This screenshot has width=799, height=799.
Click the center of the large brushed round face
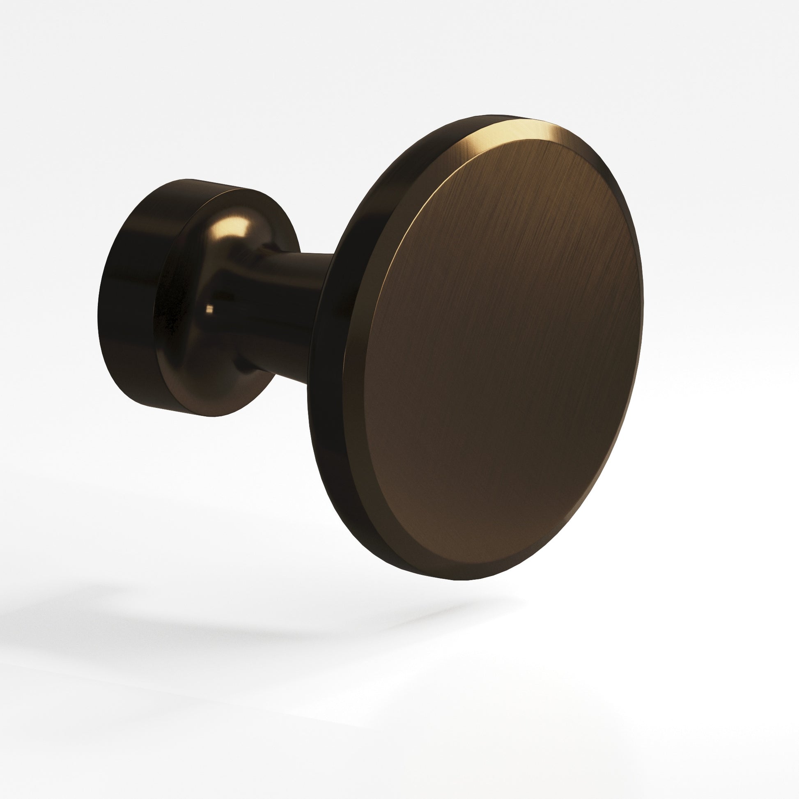tap(503, 351)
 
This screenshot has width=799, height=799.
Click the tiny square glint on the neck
tap(210, 308)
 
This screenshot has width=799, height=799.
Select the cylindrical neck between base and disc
tap(285, 315)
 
